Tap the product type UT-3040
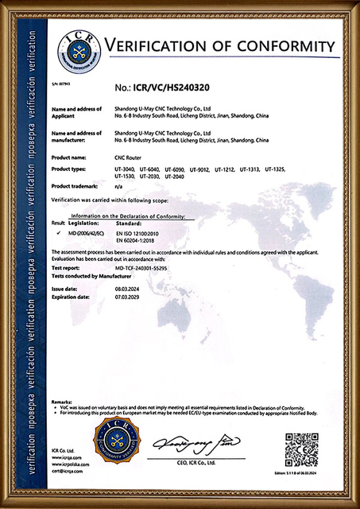tap(126, 169)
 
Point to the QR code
tap(301, 449)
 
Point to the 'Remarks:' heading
tap(62, 402)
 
